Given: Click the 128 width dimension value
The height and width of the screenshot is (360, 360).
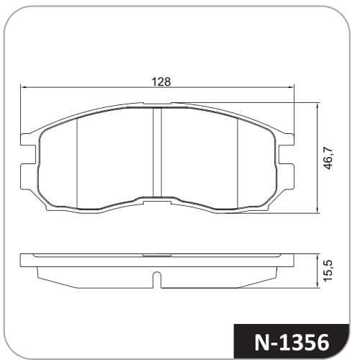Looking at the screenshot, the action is (x=161, y=82).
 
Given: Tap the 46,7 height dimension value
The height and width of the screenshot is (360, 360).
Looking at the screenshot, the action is (x=328, y=158).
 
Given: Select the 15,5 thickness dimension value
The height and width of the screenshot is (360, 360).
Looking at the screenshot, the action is (x=328, y=270).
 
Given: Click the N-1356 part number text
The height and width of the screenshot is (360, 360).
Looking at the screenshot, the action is (x=292, y=342).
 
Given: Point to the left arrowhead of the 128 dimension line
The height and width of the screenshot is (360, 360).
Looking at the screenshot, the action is (x=24, y=88).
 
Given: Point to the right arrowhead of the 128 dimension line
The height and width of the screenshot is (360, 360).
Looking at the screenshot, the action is (x=291, y=88).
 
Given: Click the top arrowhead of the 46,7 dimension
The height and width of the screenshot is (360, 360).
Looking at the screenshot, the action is (x=318, y=106).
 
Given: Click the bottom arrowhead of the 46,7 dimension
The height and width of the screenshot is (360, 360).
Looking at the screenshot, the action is (x=318, y=210).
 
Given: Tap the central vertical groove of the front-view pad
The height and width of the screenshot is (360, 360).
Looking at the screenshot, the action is (x=157, y=152).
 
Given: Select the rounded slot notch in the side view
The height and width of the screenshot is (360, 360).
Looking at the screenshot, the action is (x=157, y=279).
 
